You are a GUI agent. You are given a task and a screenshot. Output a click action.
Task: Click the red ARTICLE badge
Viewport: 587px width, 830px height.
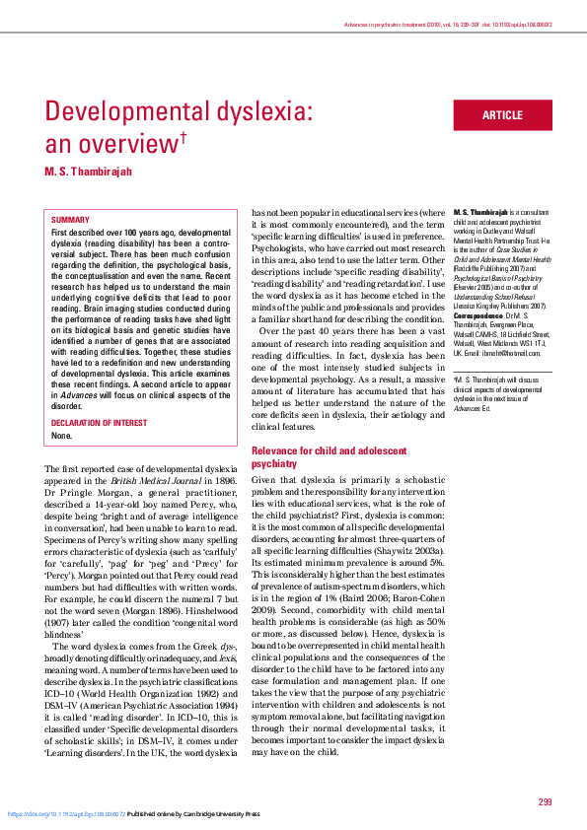click(x=502, y=115)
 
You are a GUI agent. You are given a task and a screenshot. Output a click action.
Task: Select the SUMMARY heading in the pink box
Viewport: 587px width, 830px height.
click(x=70, y=220)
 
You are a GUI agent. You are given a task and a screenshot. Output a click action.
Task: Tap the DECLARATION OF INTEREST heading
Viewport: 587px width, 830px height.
click(x=101, y=423)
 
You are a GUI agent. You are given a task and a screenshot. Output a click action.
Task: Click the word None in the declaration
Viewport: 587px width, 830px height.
click(x=61, y=435)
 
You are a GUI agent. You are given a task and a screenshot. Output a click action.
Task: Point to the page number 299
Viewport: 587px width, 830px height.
click(x=546, y=801)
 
